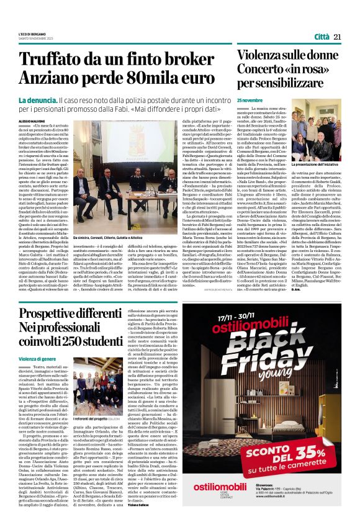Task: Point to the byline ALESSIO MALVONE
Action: coord(32,122)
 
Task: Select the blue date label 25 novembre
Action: coord(250,100)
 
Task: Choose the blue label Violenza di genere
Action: coord(37,359)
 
